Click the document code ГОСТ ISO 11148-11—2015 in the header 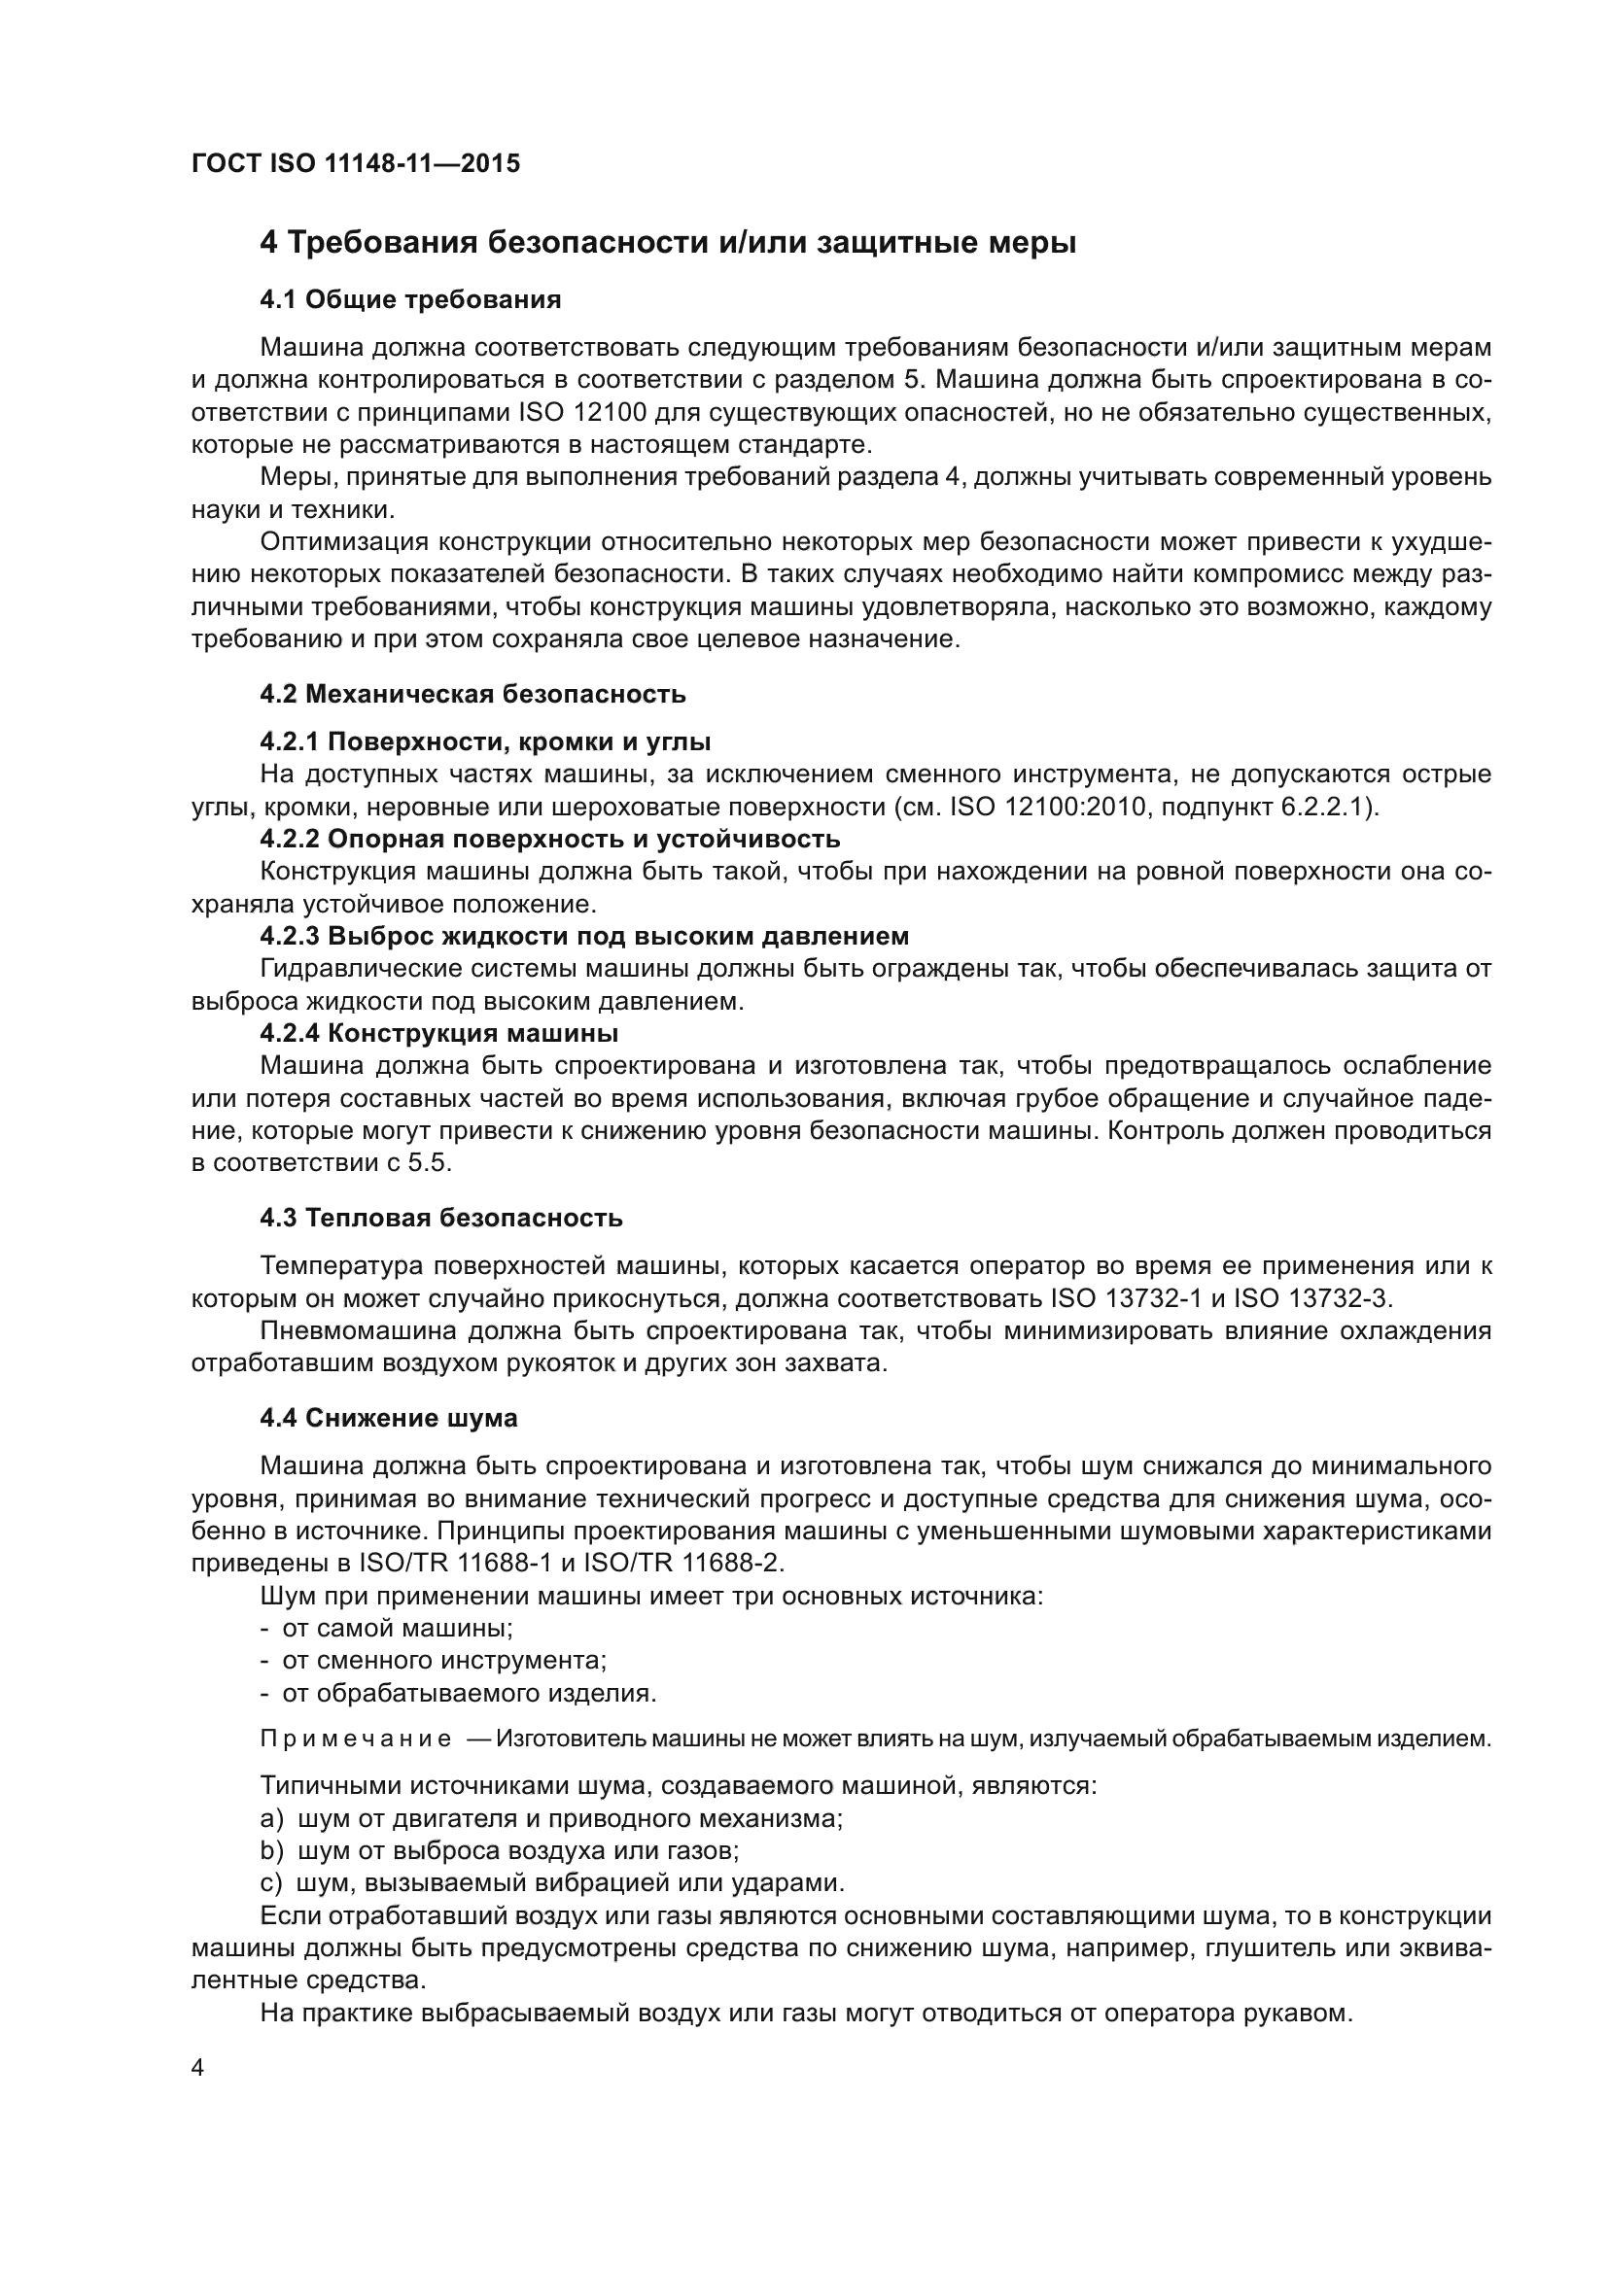point(356,164)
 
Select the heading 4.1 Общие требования point(410,300)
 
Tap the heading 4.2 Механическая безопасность point(472,694)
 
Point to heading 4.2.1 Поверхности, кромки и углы point(485,741)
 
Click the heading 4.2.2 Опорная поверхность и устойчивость point(549,839)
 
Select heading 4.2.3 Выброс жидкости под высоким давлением point(584,936)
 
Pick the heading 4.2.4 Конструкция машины point(438,1033)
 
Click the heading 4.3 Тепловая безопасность point(440,1218)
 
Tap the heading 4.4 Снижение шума point(388,1419)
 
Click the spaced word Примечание point(356,1739)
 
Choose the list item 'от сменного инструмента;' point(443,1660)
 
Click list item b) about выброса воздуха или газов point(500,1850)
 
